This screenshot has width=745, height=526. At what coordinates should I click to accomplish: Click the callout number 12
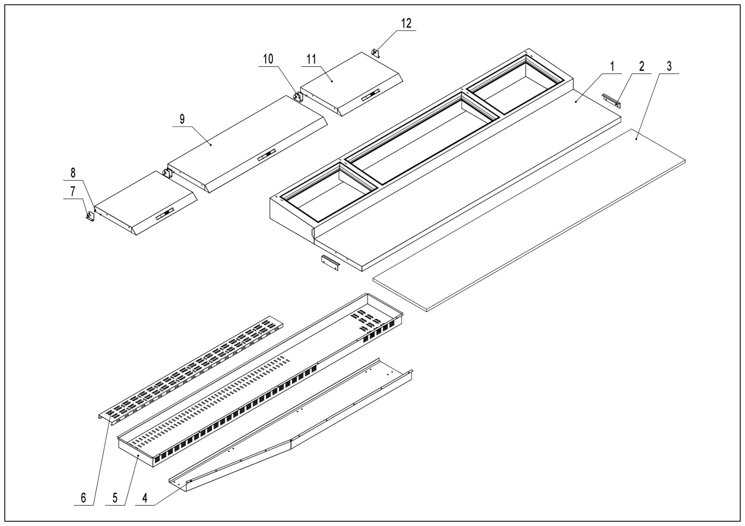(x=406, y=23)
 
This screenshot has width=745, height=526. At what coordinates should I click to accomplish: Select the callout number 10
(x=268, y=59)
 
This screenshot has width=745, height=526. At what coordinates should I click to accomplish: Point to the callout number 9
(x=182, y=119)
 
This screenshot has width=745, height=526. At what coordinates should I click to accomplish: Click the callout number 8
(x=73, y=173)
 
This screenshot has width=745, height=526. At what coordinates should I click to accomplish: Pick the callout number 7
(x=73, y=192)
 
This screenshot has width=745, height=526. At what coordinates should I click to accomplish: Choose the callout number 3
(x=669, y=66)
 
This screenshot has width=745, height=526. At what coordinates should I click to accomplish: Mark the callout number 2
(x=642, y=66)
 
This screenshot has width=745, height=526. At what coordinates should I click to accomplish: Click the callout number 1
(x=612, y=66)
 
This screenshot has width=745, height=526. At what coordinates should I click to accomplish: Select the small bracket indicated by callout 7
(x=90, y=216)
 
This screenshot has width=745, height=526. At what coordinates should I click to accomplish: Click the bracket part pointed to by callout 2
(x=611, y=101)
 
